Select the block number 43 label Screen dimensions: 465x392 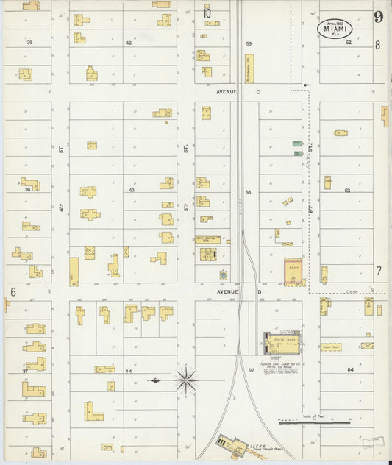tap(132, 190)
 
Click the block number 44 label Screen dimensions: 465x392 tap(129, 372)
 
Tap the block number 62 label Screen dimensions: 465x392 tap(349, 43)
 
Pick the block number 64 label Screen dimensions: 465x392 tap(350, 369)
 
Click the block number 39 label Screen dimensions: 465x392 tap(29, 43)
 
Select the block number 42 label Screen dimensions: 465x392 tap(128, 43)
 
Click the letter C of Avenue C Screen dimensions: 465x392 tap(258, 92)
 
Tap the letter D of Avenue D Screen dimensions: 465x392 tap(258, 292)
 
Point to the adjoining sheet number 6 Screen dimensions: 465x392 tap(13, 291)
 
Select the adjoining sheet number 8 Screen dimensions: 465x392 tap(377, 45)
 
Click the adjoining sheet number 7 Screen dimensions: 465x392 tap(379, 271)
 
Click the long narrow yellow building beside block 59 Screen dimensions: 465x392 tap(249, 68)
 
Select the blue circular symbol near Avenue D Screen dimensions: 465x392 tap(223, 275)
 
